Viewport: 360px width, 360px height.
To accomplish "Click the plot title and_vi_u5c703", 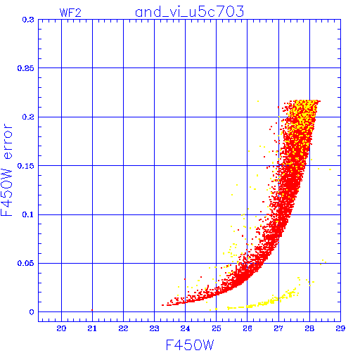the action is point(189,12).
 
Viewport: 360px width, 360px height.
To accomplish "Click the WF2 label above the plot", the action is point(70,13).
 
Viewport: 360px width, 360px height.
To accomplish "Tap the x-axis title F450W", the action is point(190,345).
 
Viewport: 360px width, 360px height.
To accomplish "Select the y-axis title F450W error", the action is point(6,170).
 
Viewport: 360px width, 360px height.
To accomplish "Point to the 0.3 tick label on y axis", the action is point(28,20).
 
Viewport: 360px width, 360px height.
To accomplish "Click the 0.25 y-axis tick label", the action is point(26,68).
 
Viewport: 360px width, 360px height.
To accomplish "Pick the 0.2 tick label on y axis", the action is point(28,117).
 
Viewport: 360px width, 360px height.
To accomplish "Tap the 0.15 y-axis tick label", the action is point(26,166).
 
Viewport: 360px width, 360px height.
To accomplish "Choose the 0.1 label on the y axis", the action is point(28,214).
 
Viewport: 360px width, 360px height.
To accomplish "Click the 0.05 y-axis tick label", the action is point(26,263).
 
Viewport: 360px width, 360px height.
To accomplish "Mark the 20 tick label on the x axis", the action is point(61,328).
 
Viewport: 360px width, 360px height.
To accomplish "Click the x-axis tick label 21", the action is point(92,328).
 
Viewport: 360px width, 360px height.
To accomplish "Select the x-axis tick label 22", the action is point(123,328).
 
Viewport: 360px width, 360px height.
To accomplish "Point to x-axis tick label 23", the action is point(154,328).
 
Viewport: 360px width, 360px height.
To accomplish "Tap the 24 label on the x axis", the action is point(185,328).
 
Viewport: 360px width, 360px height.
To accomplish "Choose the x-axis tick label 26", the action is point(247,328).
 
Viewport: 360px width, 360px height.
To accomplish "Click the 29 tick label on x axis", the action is point(340,328).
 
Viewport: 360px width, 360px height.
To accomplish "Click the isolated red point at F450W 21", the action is point(92,310).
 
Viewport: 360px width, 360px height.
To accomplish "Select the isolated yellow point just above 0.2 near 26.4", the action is point(258,101).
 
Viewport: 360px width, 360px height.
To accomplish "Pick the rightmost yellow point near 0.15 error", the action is point(330,169).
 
